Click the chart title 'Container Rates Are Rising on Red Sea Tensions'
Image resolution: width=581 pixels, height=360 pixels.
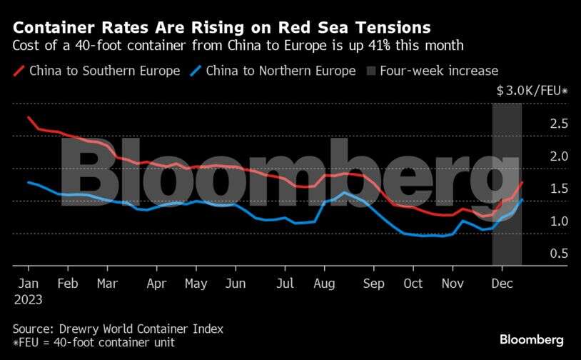click(x=221, y=29)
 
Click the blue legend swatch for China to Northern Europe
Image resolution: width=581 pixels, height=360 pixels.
click(x=197, y=71)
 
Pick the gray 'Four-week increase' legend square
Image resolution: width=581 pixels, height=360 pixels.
click(x=371, y=71)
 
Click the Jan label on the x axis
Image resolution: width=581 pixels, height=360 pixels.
click(x=27, y=283)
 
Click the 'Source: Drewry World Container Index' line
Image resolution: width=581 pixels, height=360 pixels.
click(x=118, y=329)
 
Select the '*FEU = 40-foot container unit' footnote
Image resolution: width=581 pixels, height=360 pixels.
click(x=94, y=343)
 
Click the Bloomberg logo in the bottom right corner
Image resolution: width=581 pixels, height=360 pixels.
click(x=532, y=339)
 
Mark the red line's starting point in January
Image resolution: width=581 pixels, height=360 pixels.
click(x=28, y=117)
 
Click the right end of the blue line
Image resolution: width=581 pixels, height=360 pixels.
click(x=522, y=199)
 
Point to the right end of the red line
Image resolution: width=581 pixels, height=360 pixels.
click(x=522, y=183)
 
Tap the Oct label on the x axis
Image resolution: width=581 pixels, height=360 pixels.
click(x=412, y=283)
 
